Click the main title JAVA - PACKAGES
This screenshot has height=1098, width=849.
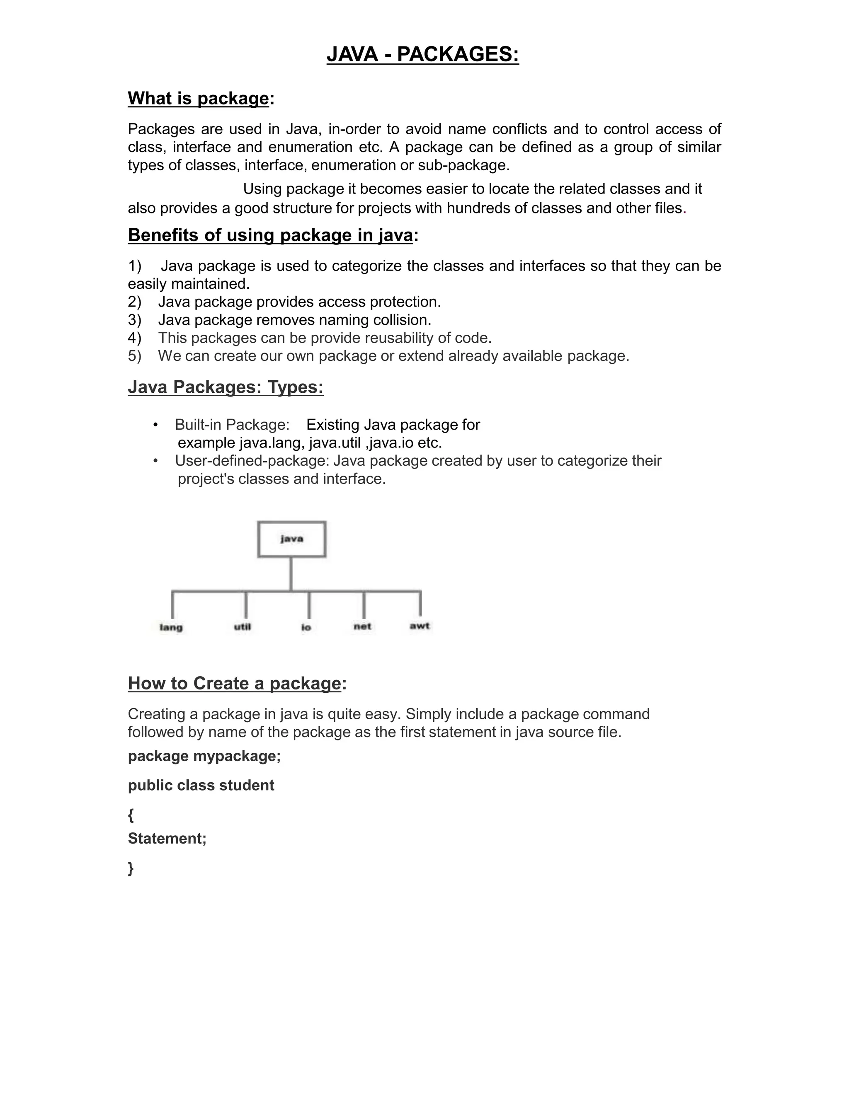(422, 54)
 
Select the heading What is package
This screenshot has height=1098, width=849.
(199, 99)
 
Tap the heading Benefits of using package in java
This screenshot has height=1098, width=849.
(271, 235)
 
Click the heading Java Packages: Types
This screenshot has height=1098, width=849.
(226, 387)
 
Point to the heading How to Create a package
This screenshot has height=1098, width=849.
(234, 683)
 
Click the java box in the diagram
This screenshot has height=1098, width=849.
(292, 539)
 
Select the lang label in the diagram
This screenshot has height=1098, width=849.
(171, 627)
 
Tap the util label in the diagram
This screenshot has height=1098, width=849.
(243, 626)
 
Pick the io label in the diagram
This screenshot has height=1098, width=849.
(306, 627)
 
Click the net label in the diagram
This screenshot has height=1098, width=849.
(362, 626)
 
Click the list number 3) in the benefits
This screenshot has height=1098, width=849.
(134, 320)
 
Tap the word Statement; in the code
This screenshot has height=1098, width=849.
(167, 839)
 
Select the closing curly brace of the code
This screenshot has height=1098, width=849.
(131, 868)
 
